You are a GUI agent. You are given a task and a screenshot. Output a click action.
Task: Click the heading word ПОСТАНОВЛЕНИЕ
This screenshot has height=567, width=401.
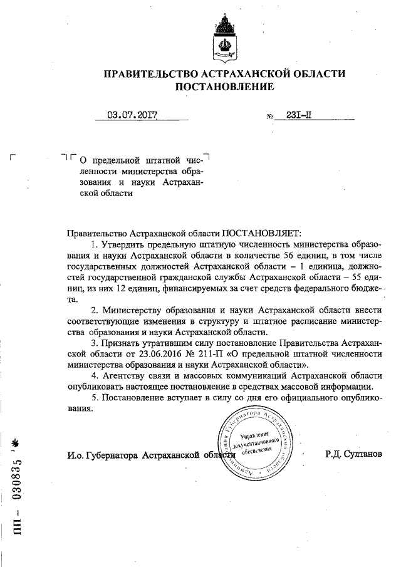(225, 87)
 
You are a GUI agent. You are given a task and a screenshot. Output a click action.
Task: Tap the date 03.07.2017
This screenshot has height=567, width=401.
(131, 115)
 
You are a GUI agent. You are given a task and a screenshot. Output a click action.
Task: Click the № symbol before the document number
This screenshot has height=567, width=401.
(271, 117)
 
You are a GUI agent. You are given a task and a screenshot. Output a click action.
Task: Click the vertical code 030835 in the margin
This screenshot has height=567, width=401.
(18, 479)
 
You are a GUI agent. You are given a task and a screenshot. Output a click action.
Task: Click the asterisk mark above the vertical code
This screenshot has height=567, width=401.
(18, 444)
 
